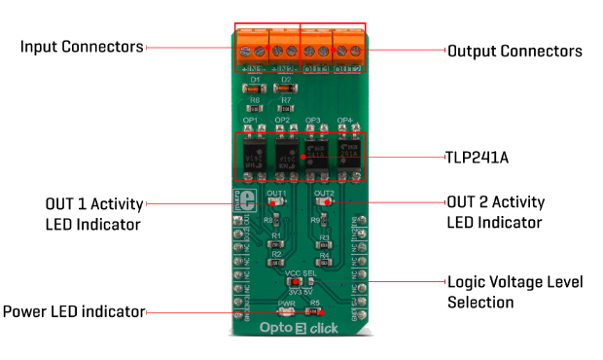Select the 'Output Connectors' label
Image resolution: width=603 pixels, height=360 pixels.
point(514,51)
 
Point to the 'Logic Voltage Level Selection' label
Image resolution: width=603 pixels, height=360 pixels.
point(514,292)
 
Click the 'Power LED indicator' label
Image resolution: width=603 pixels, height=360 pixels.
point(74,312)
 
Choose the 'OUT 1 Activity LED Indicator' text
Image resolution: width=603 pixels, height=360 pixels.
point(93,214)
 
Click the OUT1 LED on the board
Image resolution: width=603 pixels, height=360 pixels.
point(275,203)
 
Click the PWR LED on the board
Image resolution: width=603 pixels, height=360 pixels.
point(286,313)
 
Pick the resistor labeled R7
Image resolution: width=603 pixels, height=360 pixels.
point(286,109)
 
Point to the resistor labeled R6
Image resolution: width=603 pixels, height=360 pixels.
point(255,109)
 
